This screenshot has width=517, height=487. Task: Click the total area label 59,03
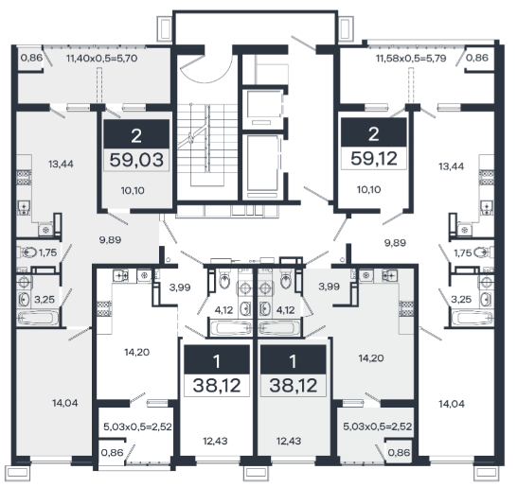[136, 160]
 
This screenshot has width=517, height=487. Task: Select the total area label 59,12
[374, 159]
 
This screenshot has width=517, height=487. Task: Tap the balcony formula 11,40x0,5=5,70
[101, 59]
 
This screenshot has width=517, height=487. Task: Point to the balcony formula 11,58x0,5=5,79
[411, 59]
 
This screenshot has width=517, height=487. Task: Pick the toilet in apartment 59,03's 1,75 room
[27, 252]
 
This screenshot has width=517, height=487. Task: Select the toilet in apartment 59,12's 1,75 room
[483, 252]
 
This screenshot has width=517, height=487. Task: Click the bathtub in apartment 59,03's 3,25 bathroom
[38, 318]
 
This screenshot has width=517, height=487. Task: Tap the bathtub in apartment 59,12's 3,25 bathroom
[472, 318]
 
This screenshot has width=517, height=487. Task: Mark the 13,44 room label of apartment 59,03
[61, 164]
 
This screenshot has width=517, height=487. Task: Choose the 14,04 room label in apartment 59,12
[452, 404]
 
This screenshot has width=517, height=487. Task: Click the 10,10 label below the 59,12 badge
[368, 190]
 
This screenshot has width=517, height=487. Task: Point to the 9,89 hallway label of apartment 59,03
[110, 239]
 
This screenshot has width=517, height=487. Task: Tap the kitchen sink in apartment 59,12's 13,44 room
[487, 207]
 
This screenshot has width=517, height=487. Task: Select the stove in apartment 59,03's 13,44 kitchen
[24, 178]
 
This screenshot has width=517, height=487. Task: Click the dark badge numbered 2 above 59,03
[136, 134]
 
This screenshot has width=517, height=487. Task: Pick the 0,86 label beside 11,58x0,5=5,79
[477, 58]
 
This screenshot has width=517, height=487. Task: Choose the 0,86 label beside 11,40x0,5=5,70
[31, 58]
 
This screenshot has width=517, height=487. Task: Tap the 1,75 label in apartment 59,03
[47, 252]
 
